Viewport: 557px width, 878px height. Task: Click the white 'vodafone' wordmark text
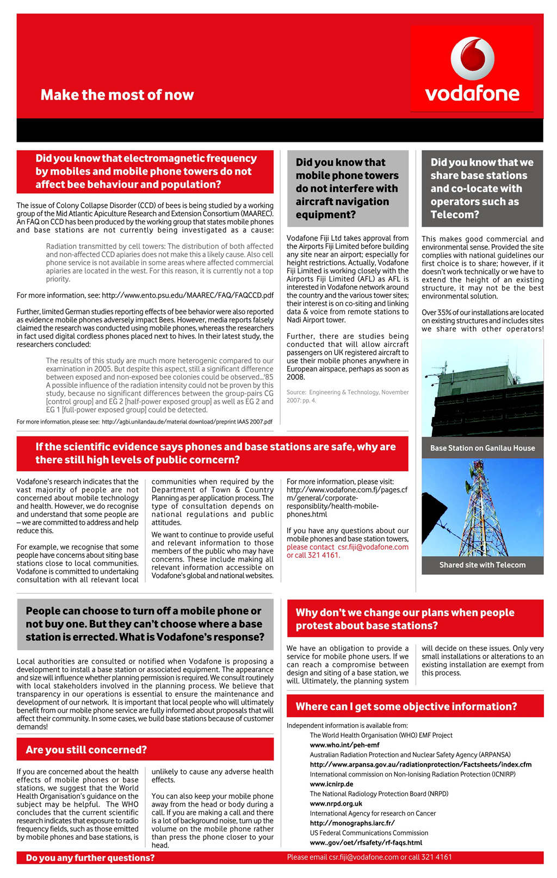click(x=472, y=94)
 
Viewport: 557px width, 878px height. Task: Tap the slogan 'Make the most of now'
click(x=117, y=95)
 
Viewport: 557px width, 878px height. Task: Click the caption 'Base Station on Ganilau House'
click(x=482, y=448)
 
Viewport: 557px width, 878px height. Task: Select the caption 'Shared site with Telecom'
click(x=482, y=565)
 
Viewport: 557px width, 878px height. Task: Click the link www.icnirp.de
click(x=331, y=784)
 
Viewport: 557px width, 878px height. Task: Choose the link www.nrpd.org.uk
click(x=336, y=804)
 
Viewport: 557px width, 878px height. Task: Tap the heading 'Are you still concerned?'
click(x=86, y=750)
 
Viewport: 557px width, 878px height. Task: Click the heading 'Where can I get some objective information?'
click(x=406, y=706)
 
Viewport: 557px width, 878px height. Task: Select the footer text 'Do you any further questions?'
click(x=90, y=858)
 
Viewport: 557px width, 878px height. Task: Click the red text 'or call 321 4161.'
click(x=313, y=555)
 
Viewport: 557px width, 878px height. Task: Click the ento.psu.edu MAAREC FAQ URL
click(x=187, y=295)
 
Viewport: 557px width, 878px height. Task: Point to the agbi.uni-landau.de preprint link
click(x=187, y=421)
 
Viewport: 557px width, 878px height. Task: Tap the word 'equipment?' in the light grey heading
click(x=325, y=215)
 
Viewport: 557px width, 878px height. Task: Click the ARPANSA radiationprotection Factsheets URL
click(x=420, y=764)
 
